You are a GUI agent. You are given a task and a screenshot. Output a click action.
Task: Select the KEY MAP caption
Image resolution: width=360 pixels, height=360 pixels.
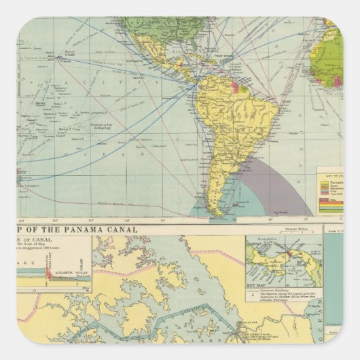coord(257,287)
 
